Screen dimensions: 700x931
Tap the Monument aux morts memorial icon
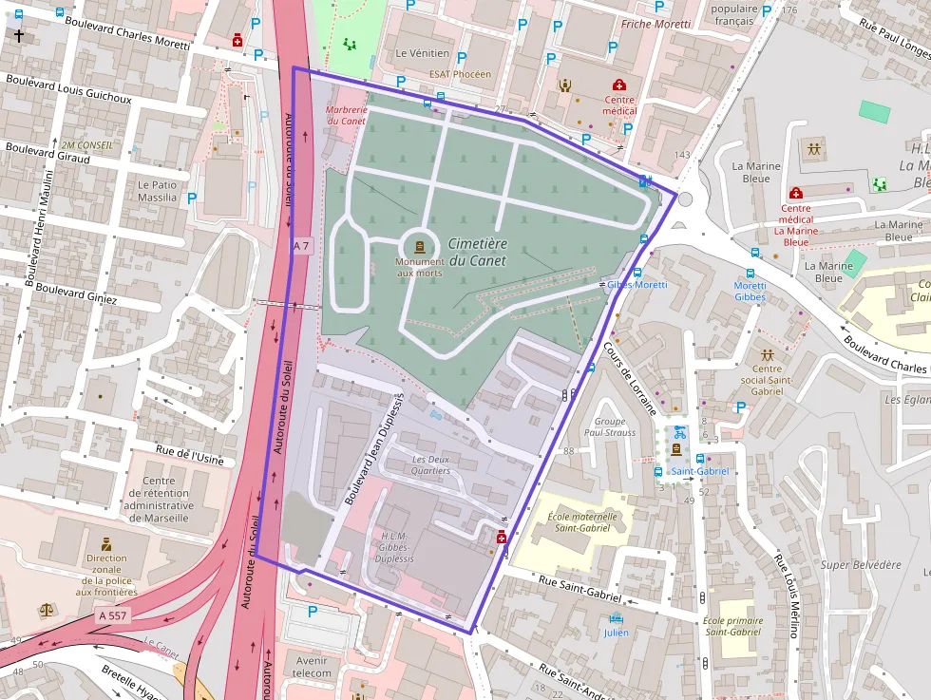[x=420, y=246]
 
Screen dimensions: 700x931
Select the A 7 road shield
[x=302, y=246]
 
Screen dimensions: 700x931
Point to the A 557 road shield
[x=111, y=615]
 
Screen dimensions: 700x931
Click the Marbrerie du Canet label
[x=347, y=115]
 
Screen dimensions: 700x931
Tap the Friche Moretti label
[x=655, y=24]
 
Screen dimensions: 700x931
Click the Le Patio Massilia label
[x=157, y=191]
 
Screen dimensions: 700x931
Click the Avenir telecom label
[x=312, y=667]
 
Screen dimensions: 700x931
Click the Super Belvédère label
[x=861, y=564]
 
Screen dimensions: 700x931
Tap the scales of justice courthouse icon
[x=47, y=610]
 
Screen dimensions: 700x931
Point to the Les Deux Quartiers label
[x=430, y=464]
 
